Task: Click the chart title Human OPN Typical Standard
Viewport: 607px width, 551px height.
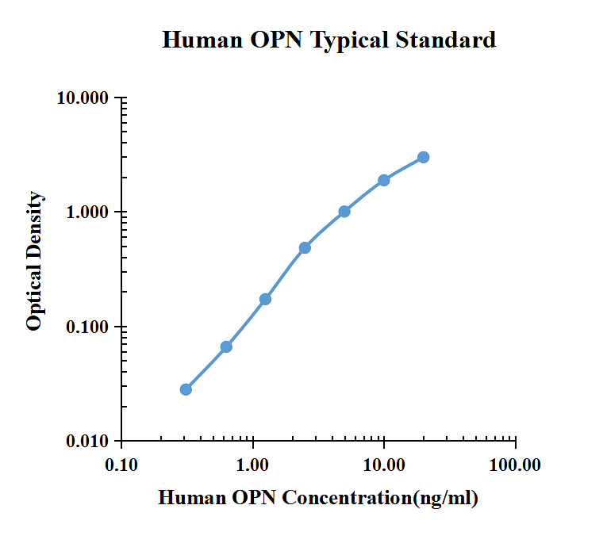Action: point(328,40)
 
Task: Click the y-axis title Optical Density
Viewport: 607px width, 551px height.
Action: point(34,261)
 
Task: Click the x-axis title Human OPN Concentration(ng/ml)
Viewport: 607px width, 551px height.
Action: point(318,498)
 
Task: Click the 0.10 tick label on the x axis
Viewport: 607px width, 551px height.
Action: point(122,465)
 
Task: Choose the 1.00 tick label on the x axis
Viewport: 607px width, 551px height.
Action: point(253,465)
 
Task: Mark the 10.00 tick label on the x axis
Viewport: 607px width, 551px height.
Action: point(384,465)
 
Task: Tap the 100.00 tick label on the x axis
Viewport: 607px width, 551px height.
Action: point(515,465)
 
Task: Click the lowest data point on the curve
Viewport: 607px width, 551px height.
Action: point(186,389)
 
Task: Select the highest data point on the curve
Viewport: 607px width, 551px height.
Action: point(424,157)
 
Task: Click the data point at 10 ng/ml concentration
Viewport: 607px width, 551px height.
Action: point(384,180)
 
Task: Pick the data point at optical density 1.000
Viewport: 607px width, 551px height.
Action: point(344,212)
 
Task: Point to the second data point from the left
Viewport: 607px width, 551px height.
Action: point(226,346)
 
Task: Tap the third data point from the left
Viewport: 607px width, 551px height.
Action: point(265,299)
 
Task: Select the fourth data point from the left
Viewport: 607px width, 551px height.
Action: point(305,247)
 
